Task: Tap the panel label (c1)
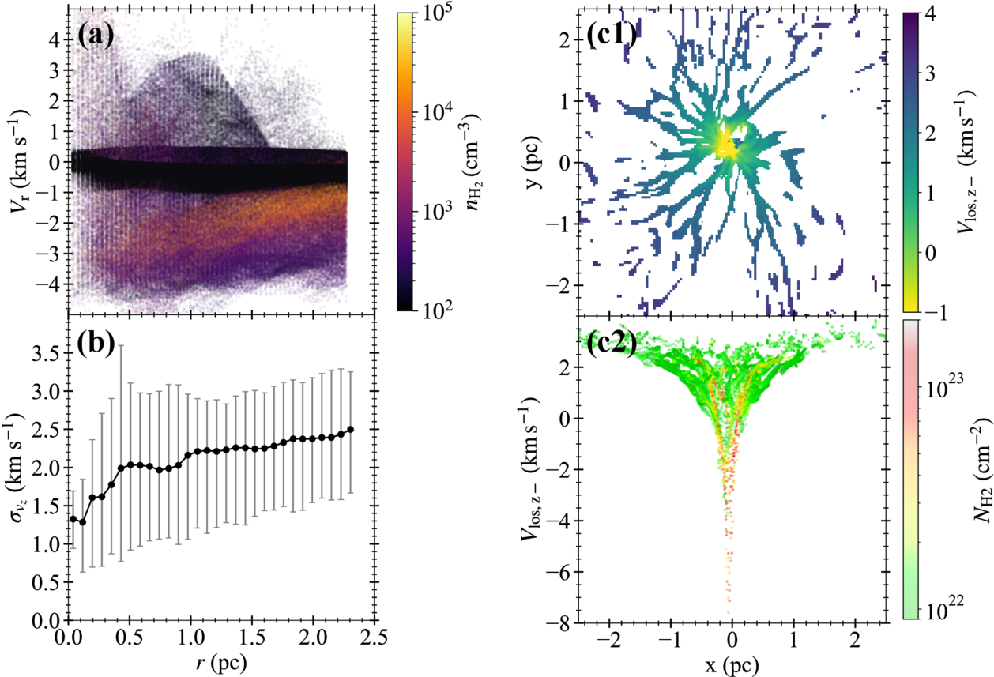[x=612, y=36]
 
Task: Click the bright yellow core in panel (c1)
[x=725, y=143]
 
